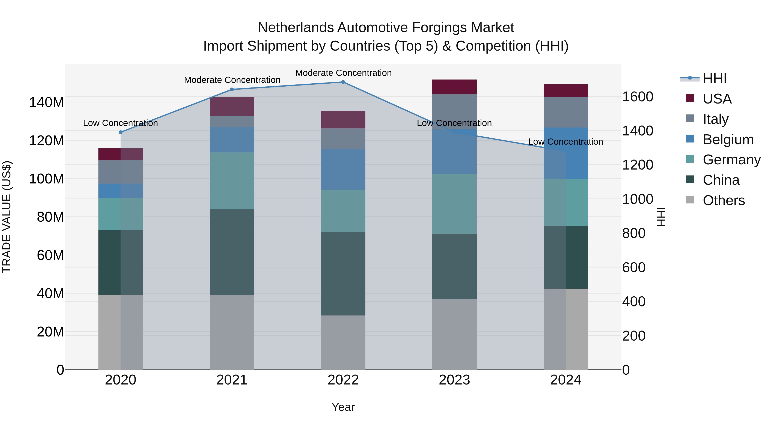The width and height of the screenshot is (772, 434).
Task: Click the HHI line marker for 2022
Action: (343, 82)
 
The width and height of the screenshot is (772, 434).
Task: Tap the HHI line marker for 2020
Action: (121, 132)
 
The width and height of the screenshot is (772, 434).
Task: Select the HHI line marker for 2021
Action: (232, 89)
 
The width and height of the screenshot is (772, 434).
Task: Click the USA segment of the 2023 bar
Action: (454, 87)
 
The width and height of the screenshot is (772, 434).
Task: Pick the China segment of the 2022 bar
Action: (343, 274)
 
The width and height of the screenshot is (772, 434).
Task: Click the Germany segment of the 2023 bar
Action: (454, 204)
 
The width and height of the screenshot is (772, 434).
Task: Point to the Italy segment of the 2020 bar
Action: (121, 172)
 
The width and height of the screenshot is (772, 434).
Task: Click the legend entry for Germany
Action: (731, 160)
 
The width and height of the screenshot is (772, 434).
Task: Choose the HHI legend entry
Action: (715, 78)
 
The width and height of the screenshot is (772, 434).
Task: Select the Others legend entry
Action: (724, 200)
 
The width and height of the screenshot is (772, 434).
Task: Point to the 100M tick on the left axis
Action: (47, 179)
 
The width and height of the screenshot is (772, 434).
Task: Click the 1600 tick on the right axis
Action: (638, 97)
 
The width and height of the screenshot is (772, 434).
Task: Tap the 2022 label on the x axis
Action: (343, 380)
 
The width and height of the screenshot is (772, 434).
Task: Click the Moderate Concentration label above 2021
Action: (232, 80)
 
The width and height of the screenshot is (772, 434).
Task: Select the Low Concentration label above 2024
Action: (565, 142)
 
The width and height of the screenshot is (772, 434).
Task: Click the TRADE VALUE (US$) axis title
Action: (7, 217)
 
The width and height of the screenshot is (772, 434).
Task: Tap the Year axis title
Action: (343, 407)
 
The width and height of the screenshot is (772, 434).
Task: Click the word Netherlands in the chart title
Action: (296, 28)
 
